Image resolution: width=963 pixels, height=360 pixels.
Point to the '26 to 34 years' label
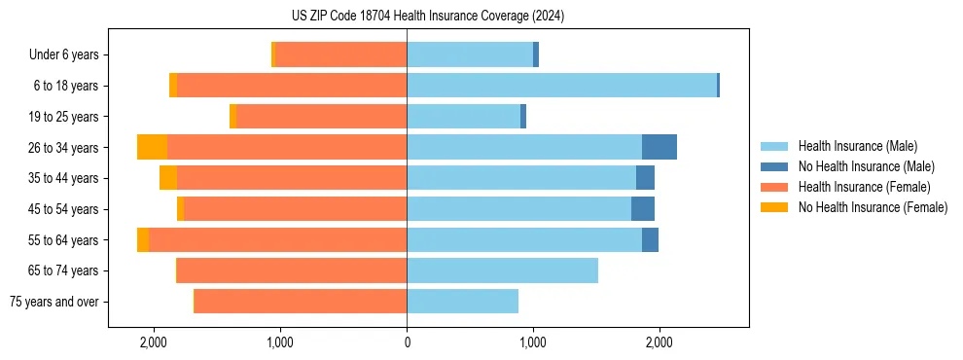(64, 148)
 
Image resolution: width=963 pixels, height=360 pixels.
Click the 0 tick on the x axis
(407, 342)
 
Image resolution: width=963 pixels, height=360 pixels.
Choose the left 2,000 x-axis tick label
(154, 342)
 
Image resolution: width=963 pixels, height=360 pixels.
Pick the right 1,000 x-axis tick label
(533, 342)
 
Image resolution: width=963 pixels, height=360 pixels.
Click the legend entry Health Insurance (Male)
(852, 147)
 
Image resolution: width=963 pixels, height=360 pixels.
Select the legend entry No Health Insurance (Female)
(873, 207)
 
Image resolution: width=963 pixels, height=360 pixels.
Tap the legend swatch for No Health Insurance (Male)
(774, 167)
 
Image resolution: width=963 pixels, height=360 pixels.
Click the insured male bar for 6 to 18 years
(561, 86)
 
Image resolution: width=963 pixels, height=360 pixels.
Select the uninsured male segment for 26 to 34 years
(660, 147)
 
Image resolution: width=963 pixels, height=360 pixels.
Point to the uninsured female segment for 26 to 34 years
(152, 147)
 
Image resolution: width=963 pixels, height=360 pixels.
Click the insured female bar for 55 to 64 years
(277, 239)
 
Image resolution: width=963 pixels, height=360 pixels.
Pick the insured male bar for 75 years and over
(462, 302)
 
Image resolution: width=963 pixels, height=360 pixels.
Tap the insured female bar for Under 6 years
(340, 55)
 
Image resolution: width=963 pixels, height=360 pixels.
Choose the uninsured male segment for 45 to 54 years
(643, 208)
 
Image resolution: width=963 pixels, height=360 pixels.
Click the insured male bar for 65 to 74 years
(502, 270)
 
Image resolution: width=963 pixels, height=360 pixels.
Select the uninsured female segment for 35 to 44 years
(168, 178)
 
